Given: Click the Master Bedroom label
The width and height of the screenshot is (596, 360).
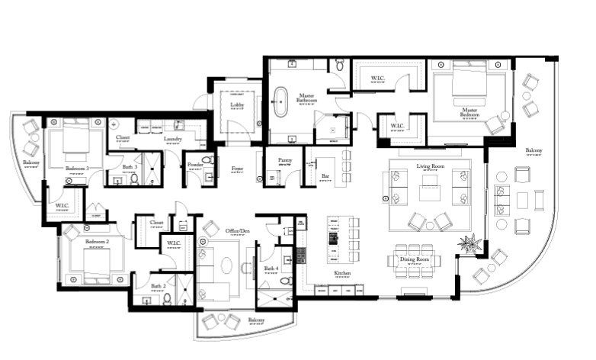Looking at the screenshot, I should click(x=469, y=111).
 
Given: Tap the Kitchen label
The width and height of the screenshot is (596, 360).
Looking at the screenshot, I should click(x=341, y=273).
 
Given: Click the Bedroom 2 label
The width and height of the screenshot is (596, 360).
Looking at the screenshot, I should click(x=98, y=241).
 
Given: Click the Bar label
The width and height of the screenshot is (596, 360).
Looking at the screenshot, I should click(x=325, y=176).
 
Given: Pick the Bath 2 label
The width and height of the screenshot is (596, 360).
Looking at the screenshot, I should click(x=158, y=286).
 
